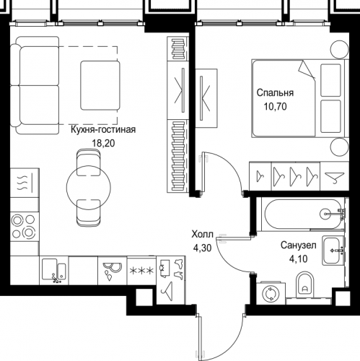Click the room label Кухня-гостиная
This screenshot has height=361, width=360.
tap(103, 130)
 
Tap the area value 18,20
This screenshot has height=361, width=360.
tap(103, 143)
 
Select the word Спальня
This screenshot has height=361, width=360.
tap(275, 92)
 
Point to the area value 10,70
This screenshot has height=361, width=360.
tap(276, 106)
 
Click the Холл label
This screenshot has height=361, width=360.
tap(202, 234)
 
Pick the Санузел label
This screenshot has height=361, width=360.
tap(299, 245)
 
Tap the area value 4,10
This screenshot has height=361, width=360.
tap(299, 259)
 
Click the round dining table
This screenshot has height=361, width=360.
tap(89, 187)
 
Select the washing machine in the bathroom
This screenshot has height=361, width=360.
tap(271, 293)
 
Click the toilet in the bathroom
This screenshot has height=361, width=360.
tap(305, 284)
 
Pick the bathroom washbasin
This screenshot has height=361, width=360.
tap(333, 251)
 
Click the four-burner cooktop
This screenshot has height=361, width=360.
tap(25, 227)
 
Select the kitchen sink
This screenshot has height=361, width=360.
tap(54, 270)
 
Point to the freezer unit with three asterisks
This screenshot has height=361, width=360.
tap(141, 271)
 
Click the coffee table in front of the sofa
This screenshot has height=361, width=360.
tap(100, 85)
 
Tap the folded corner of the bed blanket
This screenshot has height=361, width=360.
tap(306, 69)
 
